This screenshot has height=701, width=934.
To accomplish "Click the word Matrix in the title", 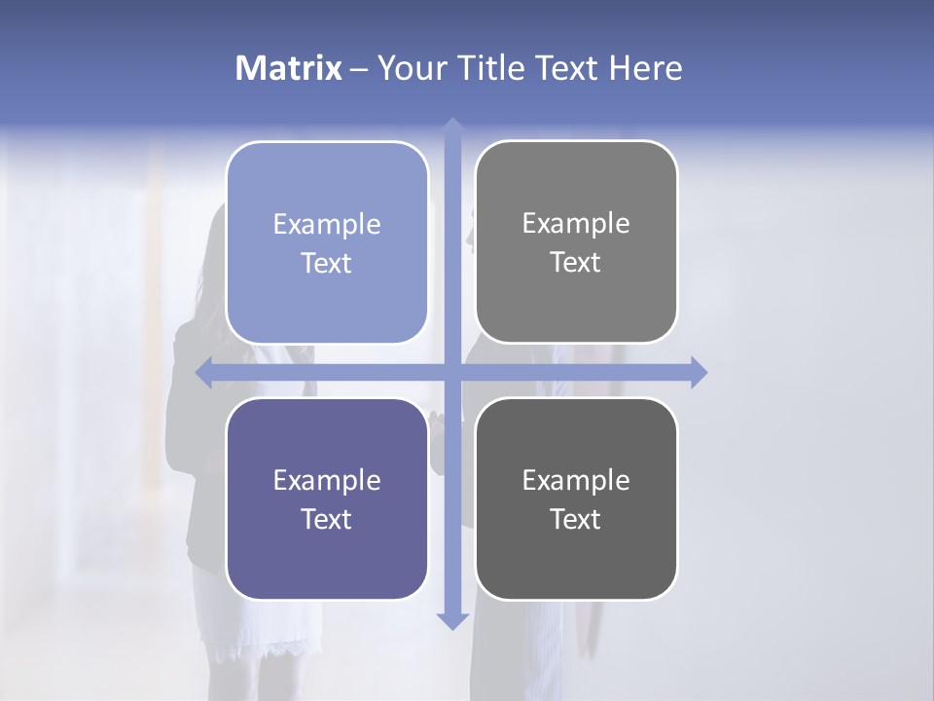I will tap(289, 68).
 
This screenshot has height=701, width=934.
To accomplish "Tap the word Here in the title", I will tap(646, 68).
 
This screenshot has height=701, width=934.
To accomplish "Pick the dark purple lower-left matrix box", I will tap(327, 565).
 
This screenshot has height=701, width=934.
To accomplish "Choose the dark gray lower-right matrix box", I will tap(576, 565).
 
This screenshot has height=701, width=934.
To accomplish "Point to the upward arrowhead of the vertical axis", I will tap(451, 127).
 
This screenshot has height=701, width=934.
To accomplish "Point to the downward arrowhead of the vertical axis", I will tap(451, 620).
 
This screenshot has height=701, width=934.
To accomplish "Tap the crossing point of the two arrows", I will tap(451, 373).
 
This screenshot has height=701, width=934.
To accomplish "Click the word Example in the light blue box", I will tap(327, 225).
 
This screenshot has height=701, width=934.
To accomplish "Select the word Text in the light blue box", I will tap(327, 264).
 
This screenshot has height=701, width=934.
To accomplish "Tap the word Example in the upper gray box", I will tap(576, 224).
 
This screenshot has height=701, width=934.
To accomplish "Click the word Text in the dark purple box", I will tap(327, 520).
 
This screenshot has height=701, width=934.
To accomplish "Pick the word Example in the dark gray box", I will tap(576, 480).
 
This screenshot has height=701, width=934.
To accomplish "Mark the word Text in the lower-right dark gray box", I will tap(576, 520).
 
